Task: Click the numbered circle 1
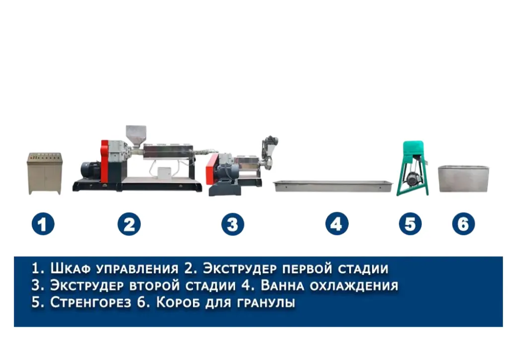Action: point(43,224)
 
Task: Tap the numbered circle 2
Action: point(129,224)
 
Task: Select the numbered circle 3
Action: point(233,224)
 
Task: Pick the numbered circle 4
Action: point(337,224)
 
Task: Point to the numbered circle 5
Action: point(410,224)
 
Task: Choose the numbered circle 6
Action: point(463,224)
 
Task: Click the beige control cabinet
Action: point(44,174)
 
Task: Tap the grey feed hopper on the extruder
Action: point(136,136)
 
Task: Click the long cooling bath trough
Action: point(333,186)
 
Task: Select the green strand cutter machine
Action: point(413,168)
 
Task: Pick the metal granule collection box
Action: point(464,179)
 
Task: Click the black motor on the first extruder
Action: point(90,170)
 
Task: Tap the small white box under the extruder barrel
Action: point(164,173)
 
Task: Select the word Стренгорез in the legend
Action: point(91,302)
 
